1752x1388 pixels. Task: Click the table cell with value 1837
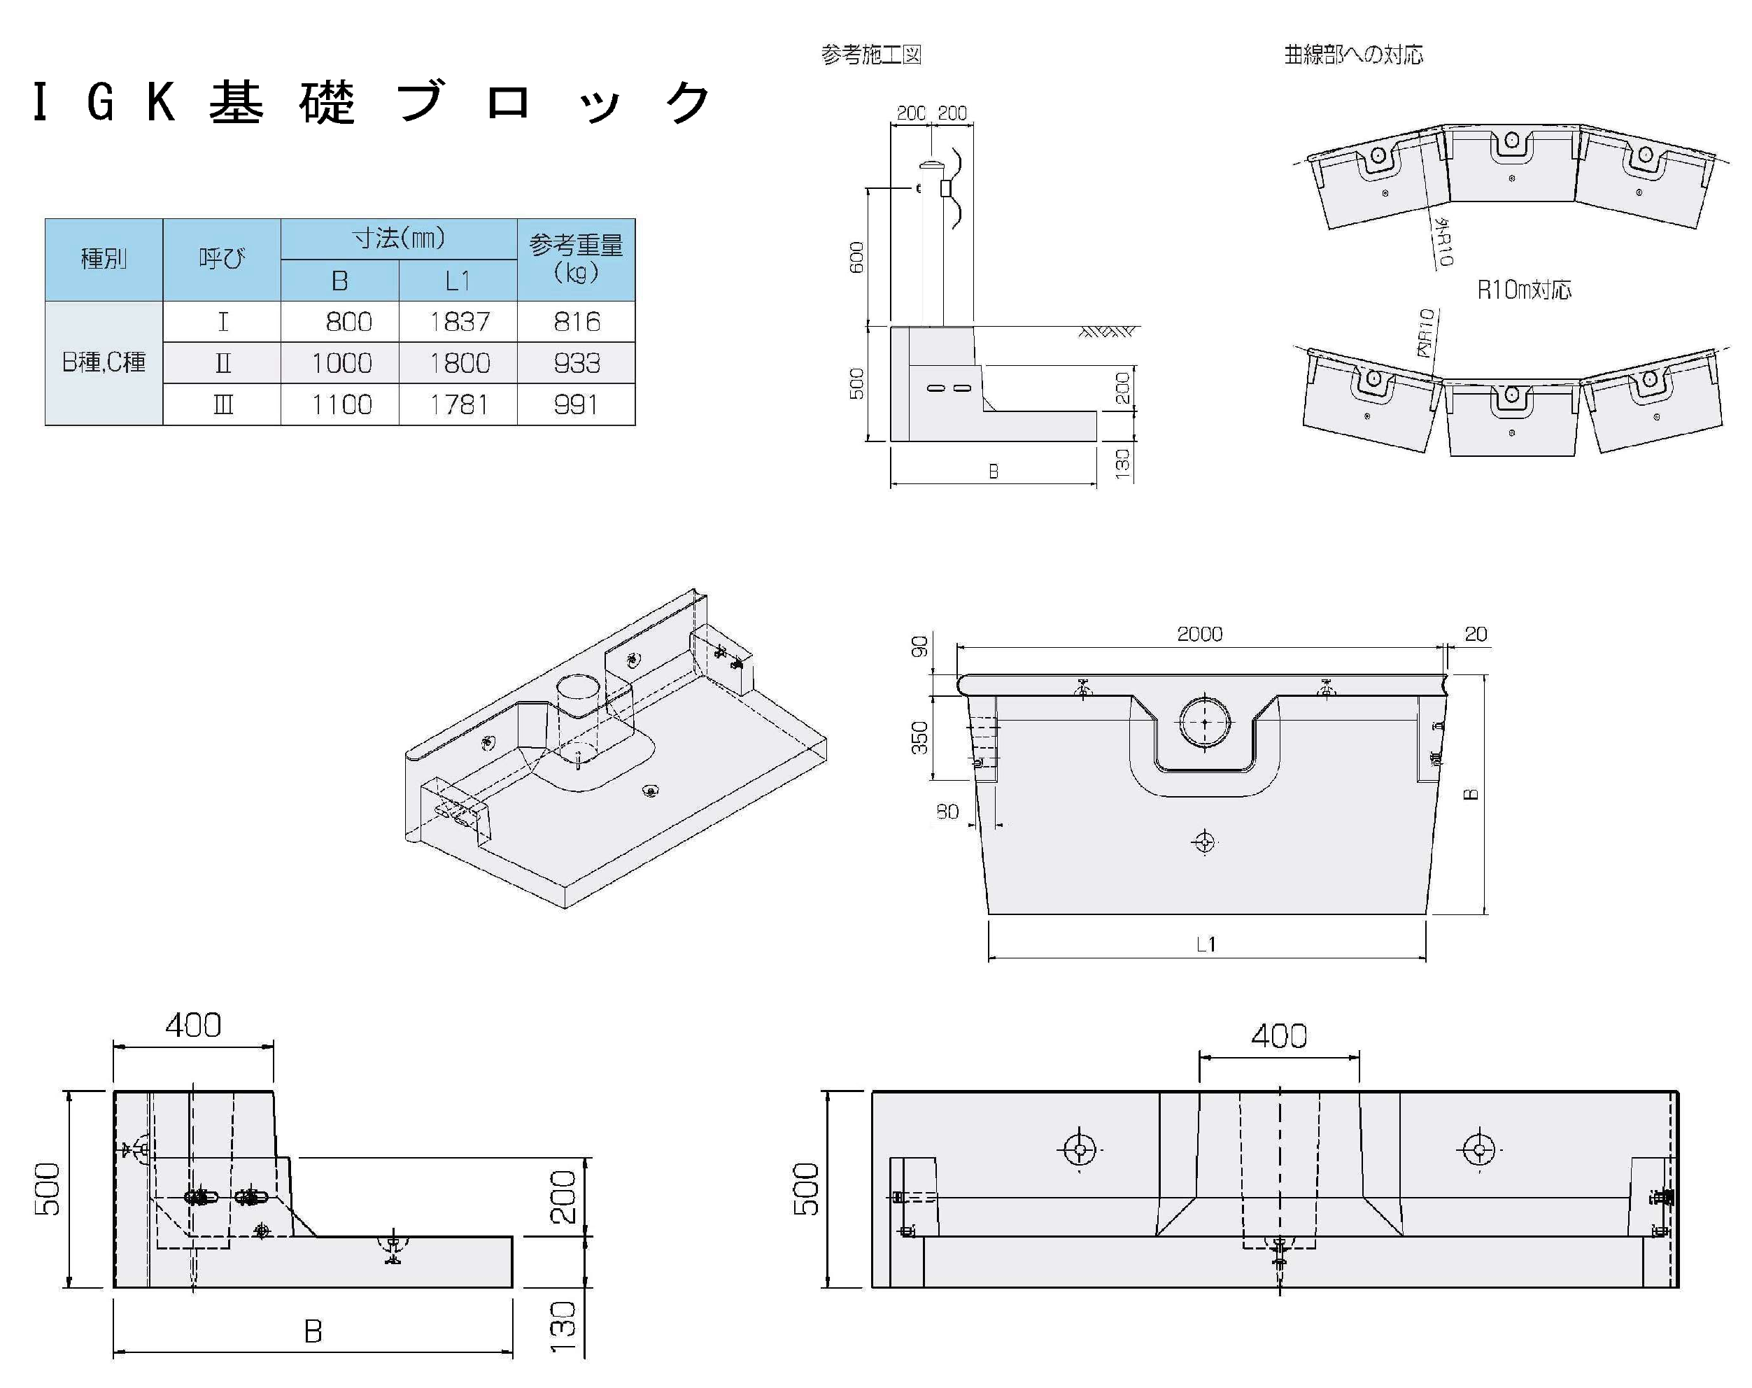click(x=459, y=322)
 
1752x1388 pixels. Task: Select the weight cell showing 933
click(x=576, y=363)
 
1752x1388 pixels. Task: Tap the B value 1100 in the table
click(x=341, y=404)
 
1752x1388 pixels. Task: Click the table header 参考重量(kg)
click(x=576, y=258)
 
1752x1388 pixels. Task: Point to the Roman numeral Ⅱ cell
click(x=222, y=363)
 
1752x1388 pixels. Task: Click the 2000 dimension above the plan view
click(x=1199, y=634)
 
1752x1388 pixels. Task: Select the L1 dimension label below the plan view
click(x=1206, y=944)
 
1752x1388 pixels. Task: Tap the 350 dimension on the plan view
click(x=919, y=737)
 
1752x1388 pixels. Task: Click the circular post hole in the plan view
click(x=1204, y=721)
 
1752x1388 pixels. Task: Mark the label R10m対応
click(x=1524, y=290)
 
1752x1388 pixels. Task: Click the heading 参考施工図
click(x=870, y=55)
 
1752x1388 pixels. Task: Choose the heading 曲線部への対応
click(x=1353, y=55)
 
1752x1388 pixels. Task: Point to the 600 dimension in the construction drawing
click(x=856, y=257)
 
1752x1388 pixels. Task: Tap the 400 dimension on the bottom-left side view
click(x=192, y=1026)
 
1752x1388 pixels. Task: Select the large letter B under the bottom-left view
click(x=313, y=1331)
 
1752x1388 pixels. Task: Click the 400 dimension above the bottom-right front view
click(x=1278, y=1036)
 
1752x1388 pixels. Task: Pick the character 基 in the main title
click(x=236, y=104)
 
